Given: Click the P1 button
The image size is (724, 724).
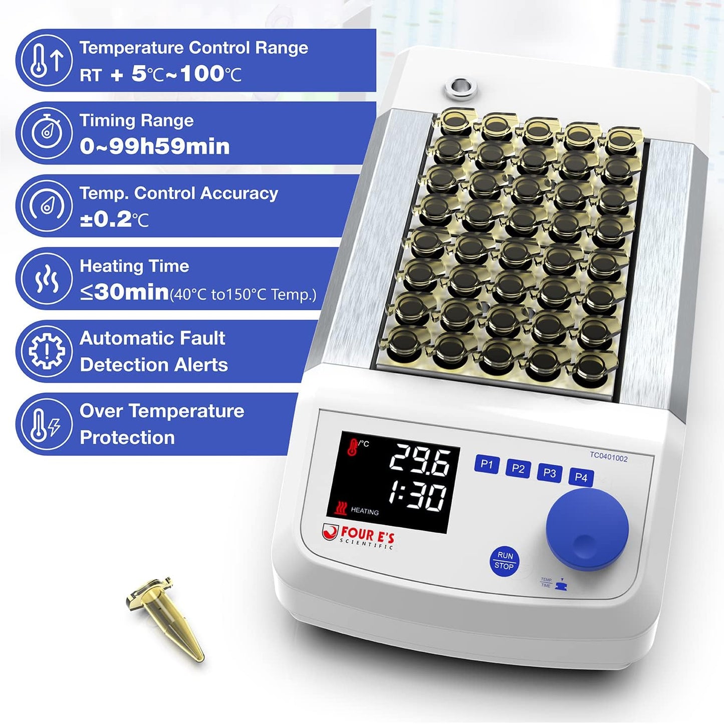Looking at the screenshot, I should click(x=486, y=464).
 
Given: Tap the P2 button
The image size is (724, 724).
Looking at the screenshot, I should click(x=518, y=469).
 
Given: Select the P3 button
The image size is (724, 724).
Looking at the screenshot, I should click(x=549, y=473).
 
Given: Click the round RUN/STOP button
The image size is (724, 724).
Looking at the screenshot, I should click(x=504, y=561).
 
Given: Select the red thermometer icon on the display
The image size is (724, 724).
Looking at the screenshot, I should click(x=353, y=446).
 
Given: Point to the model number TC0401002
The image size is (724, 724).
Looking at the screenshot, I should click(x=608, y=457).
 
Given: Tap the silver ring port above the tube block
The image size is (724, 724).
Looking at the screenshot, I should click(x=460, y=89).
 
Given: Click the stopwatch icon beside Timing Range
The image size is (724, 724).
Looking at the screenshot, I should click(x=47, y=133).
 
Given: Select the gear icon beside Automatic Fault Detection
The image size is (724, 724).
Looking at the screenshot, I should click(x=46, y=351).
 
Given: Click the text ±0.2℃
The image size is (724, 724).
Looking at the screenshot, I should click(x=114, y=219).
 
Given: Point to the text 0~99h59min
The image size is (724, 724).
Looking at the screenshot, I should click(x=154, y=147).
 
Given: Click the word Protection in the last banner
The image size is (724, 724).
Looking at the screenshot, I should click(x=127, y=437).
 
